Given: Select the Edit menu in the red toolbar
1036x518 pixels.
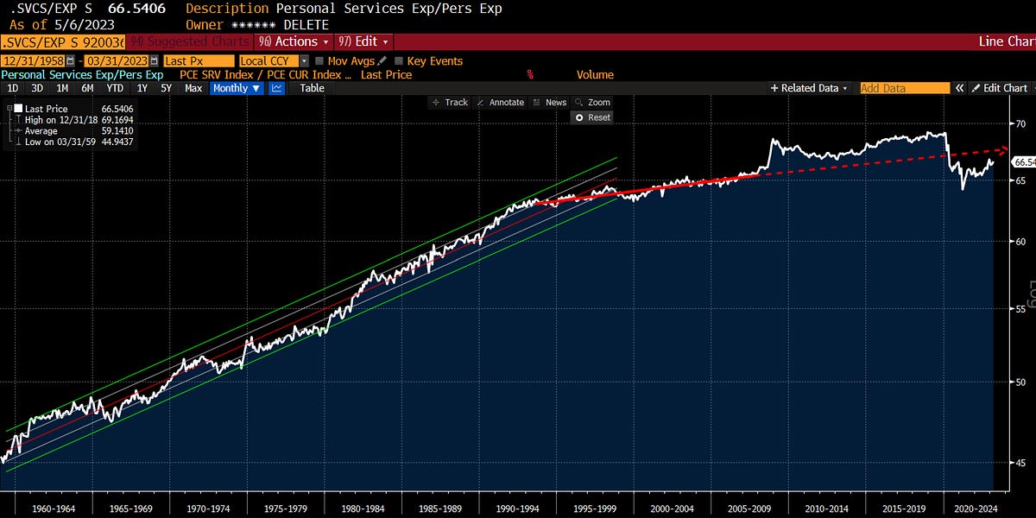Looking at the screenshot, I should (364, 41).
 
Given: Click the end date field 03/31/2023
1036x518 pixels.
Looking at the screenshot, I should (114, 61).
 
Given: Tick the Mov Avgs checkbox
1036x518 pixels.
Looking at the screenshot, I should (319, 61).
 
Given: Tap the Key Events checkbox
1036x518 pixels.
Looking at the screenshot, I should (400, 61).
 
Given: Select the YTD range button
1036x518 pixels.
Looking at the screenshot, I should (114, 88).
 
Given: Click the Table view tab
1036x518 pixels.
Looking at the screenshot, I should (312, 88).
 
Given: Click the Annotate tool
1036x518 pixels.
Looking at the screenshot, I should (501, 102).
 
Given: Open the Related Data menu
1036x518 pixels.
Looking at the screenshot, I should (809, 88).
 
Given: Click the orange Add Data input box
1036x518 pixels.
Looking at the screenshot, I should (903, 88).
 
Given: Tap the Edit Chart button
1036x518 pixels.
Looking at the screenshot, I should (1000, 88).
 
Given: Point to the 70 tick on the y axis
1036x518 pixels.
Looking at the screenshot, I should (1020, 124).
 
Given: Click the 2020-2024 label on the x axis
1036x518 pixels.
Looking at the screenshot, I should (974, 507).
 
